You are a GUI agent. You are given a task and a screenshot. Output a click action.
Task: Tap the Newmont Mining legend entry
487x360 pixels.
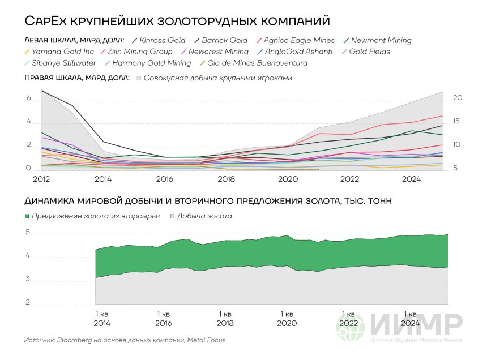381,41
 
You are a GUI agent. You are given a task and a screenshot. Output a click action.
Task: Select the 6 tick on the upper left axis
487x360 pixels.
28,98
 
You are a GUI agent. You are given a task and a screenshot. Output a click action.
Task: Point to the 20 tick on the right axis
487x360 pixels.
458,98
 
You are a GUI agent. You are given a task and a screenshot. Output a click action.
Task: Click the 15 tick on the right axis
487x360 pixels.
458,122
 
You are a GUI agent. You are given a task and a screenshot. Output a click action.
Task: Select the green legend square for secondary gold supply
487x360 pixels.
27,216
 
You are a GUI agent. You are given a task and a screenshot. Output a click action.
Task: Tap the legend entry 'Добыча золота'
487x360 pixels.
204,216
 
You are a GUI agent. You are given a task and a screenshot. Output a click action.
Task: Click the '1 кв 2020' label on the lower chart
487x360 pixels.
287,319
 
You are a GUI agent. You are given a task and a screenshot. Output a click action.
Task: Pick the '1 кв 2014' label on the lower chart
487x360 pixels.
102,319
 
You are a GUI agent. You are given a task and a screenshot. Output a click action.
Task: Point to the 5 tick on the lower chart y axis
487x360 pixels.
28,233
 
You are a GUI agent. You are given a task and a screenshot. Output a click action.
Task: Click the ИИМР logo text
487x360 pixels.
416,324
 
